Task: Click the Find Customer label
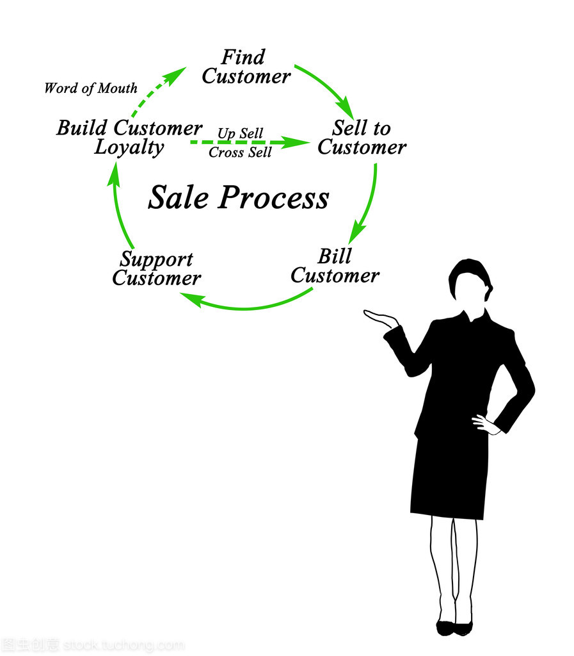click(246, 67)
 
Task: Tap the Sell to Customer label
click(362, 138)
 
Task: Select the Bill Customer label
click(335, 266)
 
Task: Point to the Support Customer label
click(156, 269)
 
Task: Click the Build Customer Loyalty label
click(129, 137)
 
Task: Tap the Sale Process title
click(238, 197)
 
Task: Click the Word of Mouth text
click(90, 88)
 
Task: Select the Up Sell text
click(240, 133)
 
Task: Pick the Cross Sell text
click(240, 152)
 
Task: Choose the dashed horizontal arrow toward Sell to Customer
click(250, 142)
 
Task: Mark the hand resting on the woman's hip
click(484, 423)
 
